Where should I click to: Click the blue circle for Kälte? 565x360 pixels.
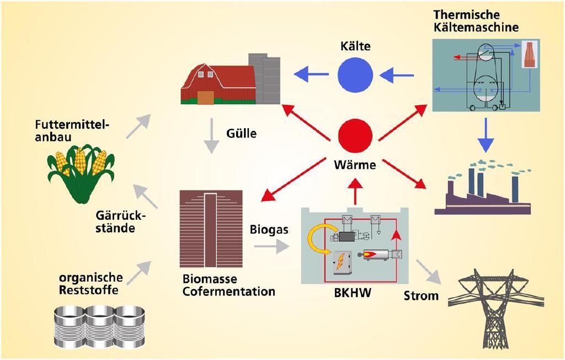[x=355, y=73]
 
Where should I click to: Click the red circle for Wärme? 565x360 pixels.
[x=355, y=134]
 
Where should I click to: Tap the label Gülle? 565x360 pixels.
[x=241, y=134]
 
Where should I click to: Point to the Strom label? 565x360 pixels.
[x=421, y=295]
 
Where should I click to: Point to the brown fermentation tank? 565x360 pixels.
[x=211, y=229]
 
